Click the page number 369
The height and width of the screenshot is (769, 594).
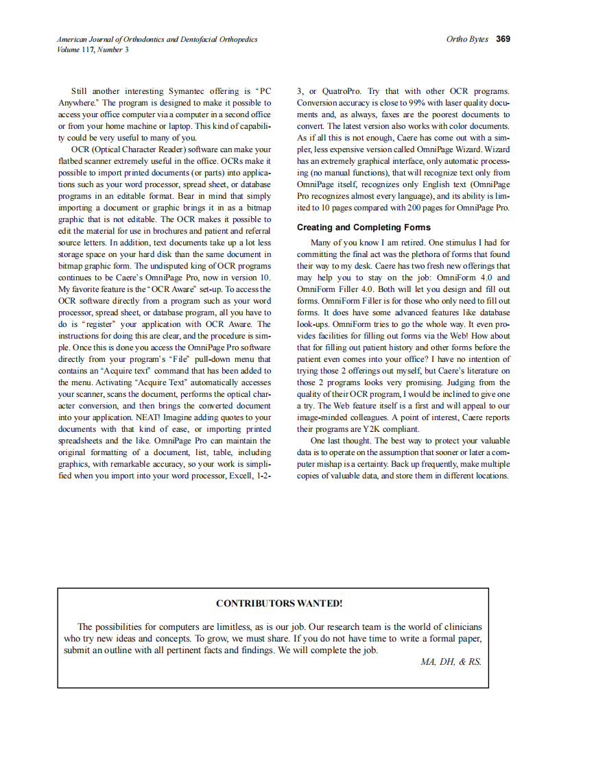click(503, 39)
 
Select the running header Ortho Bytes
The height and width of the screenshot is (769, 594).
click(467, 39)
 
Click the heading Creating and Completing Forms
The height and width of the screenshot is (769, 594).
click(364, 228)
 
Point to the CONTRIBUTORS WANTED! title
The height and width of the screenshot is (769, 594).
click(278, 603)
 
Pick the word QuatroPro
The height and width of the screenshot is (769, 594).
click(343, 91)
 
